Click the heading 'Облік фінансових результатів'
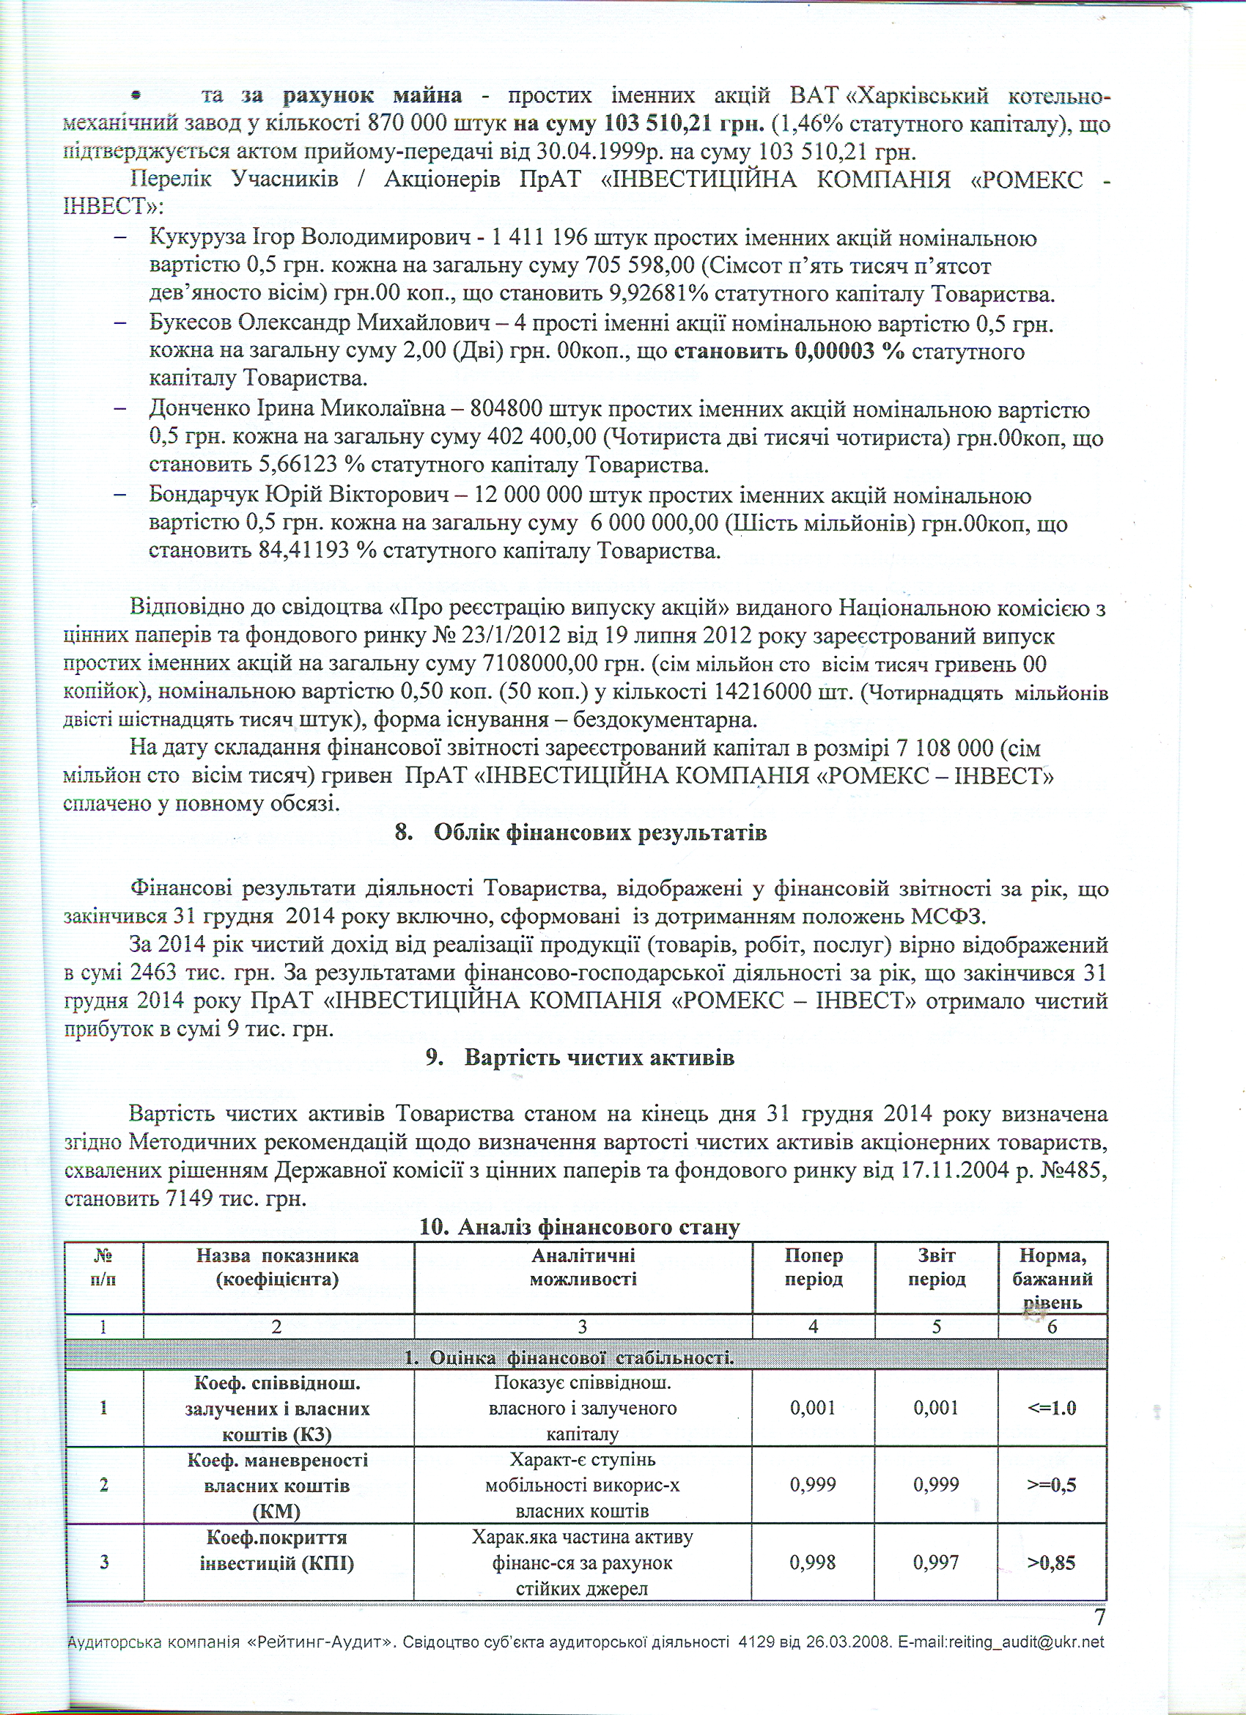pos(600,833)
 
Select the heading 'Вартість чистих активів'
pos(599,1057)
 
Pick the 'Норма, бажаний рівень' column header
pos(1053,1279)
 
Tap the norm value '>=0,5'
pos(1052,1484)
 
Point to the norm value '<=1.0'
pos(1052,1408)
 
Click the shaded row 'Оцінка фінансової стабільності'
pos(586,1358)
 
